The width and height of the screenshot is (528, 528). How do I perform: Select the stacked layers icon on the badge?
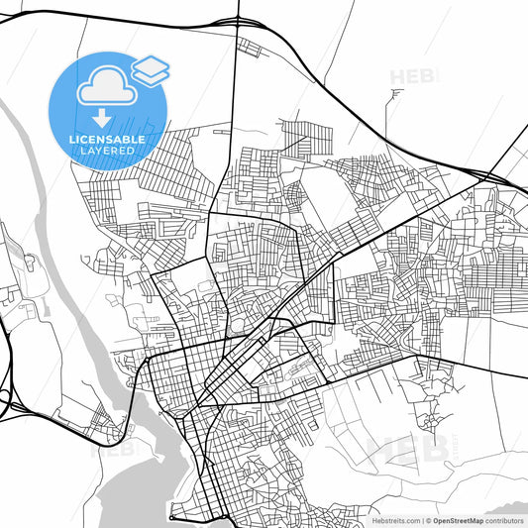(150, 69)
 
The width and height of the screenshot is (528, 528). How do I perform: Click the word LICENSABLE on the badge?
(107, 140)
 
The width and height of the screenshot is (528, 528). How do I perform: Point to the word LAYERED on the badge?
(107, 152)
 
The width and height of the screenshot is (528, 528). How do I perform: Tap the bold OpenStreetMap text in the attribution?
(459, 519)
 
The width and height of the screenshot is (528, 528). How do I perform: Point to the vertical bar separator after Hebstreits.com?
(420, 519)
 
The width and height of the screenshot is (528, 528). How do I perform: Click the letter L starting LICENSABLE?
(72, 140)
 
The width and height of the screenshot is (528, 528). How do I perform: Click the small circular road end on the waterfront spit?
(171, 517)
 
